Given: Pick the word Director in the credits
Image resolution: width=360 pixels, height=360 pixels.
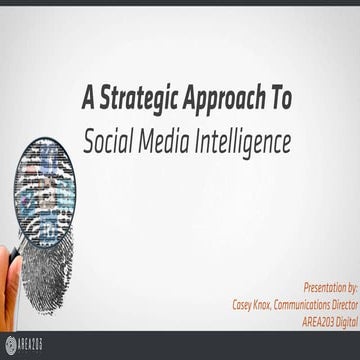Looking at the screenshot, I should pos(334,301).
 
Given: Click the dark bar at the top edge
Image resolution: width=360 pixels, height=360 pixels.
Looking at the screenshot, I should pos(180,4).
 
